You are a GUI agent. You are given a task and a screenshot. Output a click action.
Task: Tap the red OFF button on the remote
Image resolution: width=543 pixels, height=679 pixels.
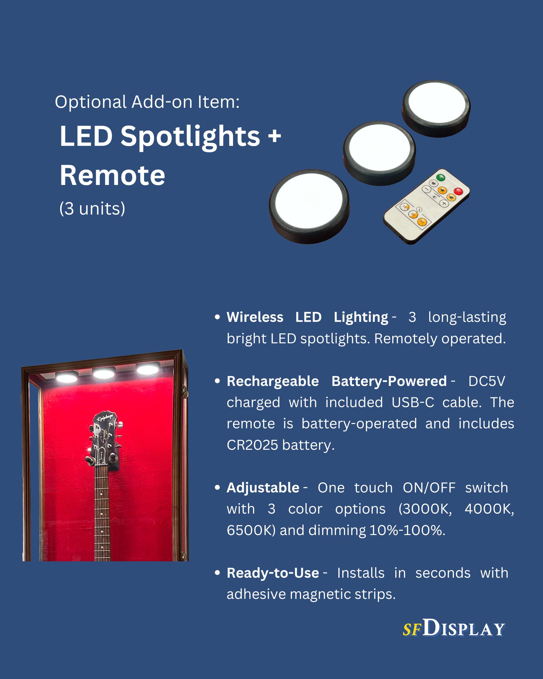pos(458,191)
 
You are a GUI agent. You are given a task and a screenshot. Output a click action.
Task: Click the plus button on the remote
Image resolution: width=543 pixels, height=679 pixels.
pos(444,203)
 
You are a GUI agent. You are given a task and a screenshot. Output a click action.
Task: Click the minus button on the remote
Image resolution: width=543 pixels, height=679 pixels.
pos(427,189)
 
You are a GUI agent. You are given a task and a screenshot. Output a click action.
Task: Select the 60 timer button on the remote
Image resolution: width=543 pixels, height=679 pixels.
pos(422,222)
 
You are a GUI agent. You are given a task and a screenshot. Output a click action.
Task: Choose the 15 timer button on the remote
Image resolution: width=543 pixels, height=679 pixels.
pos(404,207)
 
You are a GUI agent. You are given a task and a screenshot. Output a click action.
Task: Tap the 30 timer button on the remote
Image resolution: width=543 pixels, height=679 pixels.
pos(413,214)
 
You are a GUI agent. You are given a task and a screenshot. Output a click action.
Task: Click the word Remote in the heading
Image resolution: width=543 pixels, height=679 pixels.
pos(112,175)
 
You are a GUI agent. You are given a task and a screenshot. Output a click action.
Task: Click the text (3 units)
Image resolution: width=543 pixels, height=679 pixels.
pos(92,209)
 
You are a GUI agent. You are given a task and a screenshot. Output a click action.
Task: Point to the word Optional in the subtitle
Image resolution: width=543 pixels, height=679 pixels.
pos(91,102)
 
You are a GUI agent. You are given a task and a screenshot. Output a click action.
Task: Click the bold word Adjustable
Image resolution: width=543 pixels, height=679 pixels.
pos(263,488)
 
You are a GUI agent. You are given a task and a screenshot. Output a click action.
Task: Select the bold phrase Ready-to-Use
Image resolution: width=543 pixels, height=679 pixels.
pos(273,573)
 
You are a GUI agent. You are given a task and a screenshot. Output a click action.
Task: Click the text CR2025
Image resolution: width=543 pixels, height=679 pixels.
pos(252,445)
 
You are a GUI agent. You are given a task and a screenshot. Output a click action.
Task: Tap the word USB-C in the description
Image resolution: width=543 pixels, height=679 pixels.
pos(413,403)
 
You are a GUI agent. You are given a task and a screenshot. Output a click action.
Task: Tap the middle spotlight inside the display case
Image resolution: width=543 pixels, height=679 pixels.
pos(104,373)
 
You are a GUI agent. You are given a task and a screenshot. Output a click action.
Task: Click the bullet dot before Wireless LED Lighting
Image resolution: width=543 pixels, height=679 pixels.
pos(217,317)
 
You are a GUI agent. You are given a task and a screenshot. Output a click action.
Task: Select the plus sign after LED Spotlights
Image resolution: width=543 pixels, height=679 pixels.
pos(274,136)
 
